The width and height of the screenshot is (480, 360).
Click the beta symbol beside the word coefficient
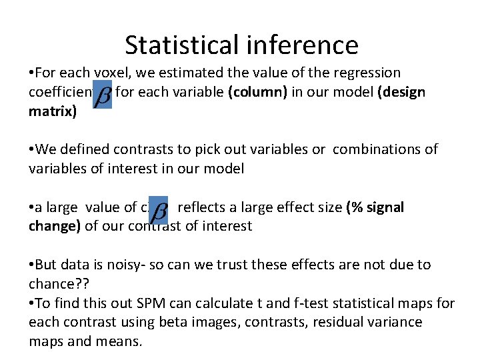pyautogui.click(x=103, y=97)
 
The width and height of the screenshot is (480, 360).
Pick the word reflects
pyautogui.click(x=202, y=207)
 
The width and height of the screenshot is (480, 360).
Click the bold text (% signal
pyautogui.click(x=375, y=207)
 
